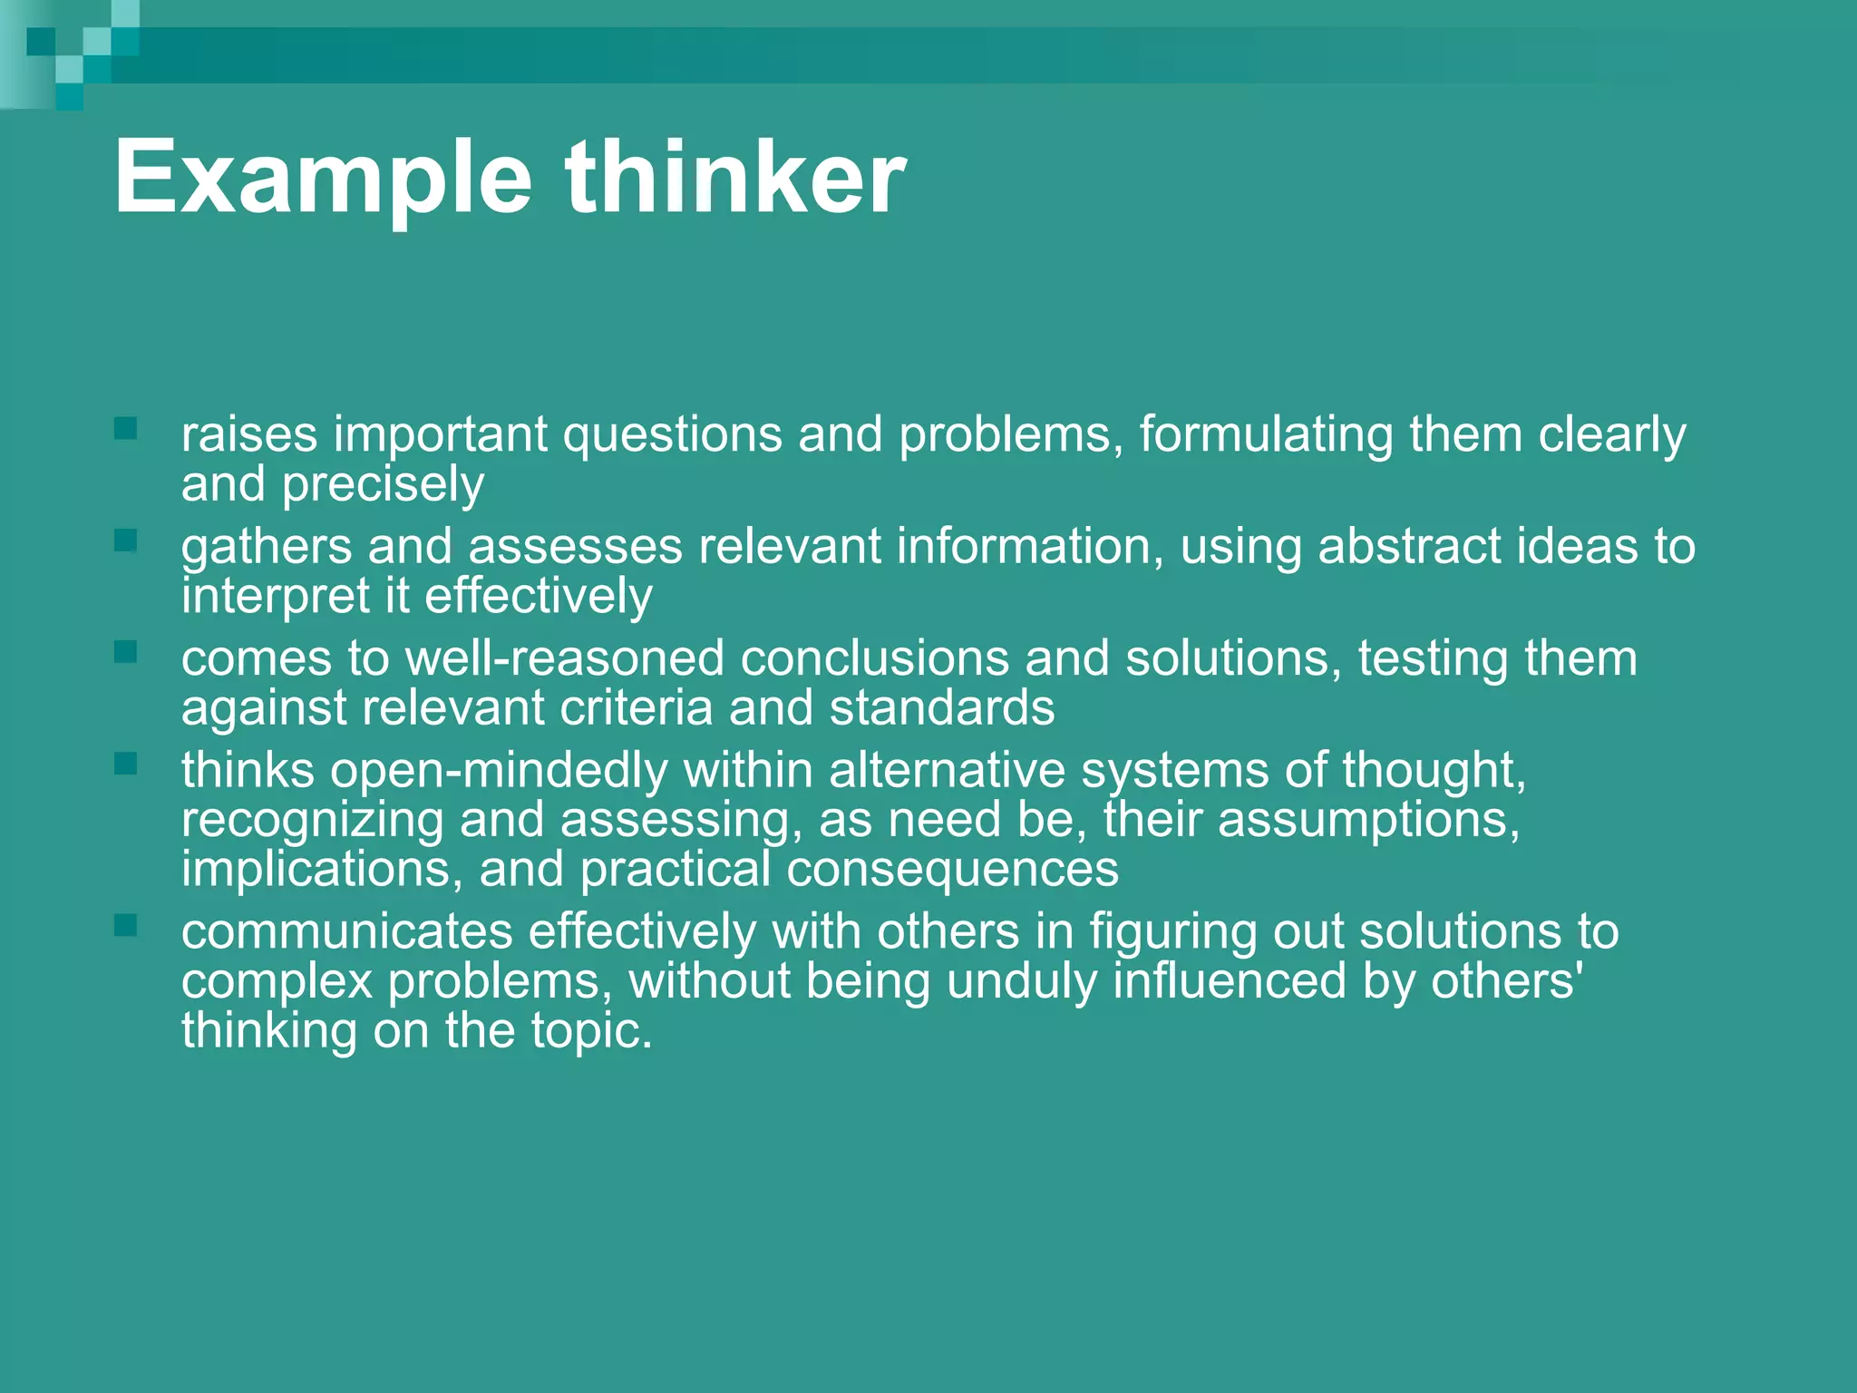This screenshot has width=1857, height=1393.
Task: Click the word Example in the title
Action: coord(322,180)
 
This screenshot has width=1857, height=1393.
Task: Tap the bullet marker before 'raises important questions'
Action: coord(125,428)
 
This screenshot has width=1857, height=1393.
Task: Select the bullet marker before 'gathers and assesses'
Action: coord(125,541)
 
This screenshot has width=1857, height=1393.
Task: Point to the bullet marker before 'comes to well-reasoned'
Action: coord(125,652)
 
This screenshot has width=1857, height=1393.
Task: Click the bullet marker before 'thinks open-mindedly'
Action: coord(125,764)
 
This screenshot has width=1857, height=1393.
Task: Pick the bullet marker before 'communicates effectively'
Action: coord(125,925)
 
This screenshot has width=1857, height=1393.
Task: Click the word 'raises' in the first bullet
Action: coord(249,434)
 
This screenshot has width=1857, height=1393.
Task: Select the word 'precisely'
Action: coord(383,485)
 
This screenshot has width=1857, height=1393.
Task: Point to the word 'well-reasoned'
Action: coord(564,658)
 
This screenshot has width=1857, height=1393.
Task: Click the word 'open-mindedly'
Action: coord(499,771)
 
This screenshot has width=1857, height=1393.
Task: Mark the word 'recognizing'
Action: coord(312,821)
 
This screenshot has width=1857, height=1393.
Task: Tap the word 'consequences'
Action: coord(952,869)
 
